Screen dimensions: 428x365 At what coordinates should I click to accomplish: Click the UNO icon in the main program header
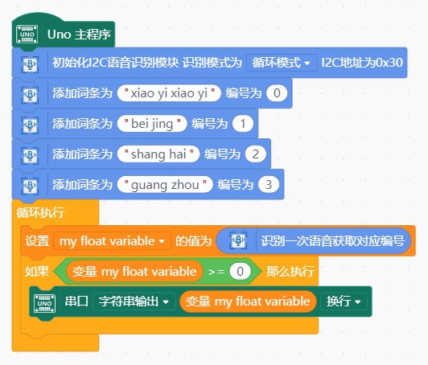[x=27, y=35]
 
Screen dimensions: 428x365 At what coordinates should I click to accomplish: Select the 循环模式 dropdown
[x=282, y=63]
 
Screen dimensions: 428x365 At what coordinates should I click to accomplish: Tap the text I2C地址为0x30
[x=362, y=63]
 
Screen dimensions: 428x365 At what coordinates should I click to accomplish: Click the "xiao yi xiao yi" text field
[x=169, y=93]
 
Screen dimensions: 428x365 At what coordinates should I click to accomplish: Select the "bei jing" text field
[x=152, y=124]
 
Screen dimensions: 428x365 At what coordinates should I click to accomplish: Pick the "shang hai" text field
[x=158, y=154]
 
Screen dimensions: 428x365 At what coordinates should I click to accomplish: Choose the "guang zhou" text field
[x=165, y=185]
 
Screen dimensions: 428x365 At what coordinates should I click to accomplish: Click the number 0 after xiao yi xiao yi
[x=277, y=93]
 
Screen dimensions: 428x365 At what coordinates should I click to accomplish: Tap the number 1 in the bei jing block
[x=243, y=124]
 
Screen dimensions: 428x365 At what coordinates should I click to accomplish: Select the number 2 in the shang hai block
[x=256, y=154]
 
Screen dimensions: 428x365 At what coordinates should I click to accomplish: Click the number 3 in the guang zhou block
[x=269, y=185]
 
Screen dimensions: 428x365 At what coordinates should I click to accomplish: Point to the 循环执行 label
[x=40, y=212]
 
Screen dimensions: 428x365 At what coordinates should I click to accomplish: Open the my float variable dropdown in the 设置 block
[x=112, y=241]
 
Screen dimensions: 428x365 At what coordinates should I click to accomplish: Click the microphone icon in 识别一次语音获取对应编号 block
[x=238, y=240]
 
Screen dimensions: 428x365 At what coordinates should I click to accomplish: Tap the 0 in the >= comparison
[x=241, y=272]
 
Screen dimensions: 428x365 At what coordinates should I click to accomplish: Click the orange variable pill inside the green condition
[x=134, y=272]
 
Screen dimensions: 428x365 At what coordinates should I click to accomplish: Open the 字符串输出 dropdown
[x=134, y=301]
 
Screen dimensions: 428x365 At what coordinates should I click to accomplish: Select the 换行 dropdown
[x=344, y=301]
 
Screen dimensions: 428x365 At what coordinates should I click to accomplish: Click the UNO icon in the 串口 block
[x=44, y=303]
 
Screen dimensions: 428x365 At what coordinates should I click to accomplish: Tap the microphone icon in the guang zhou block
[x=30, y=186]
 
